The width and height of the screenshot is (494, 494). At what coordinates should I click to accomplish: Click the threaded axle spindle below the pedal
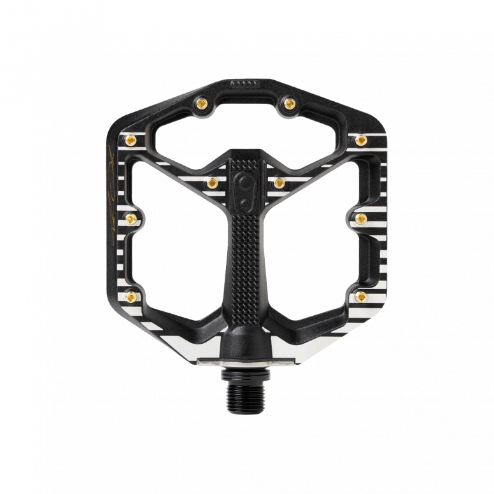(x=246, y=386)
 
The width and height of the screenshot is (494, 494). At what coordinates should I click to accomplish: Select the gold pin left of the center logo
(x=212, y=183)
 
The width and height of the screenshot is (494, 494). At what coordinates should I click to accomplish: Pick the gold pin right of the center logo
(x=279, y=183)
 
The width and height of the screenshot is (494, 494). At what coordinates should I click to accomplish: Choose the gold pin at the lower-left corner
(x=131, y=294)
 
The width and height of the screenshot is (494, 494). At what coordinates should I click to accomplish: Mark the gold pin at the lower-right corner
(x=360, y=294)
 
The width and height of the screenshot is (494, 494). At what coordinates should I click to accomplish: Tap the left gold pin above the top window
(x=202, y=101)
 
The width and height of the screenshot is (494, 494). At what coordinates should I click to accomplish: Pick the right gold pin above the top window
(x=289, y=101)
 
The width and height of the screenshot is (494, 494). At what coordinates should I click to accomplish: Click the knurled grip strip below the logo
(x=246, y=255)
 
